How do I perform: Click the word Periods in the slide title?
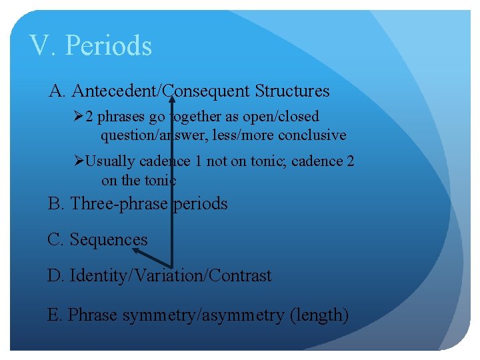click(x=111, y=46)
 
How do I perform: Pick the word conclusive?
click(x=313, y=135)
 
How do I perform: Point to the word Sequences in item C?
click(x=108, y=239)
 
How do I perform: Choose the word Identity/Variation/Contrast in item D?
click(x=170, y=275)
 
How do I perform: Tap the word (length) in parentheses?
click(x=319, y=315)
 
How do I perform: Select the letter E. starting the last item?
click(x=55, y=315)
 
